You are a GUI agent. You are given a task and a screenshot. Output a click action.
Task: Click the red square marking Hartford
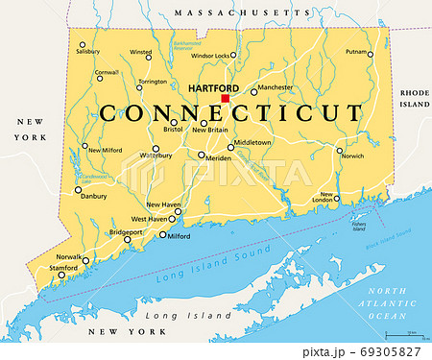point(227,97)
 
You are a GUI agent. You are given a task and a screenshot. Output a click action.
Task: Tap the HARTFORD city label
point(212,87)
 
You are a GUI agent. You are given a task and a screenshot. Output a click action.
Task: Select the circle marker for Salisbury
point(83,44)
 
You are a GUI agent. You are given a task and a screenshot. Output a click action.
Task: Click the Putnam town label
point(356,53)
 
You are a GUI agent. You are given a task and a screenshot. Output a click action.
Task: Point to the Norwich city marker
point(340,150)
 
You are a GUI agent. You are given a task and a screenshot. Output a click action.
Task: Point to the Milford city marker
point(162,235)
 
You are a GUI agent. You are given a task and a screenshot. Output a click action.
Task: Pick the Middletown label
point(253,142)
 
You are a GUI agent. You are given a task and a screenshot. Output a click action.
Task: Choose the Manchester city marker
point(253,92)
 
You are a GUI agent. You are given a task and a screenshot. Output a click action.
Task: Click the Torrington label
point(152,83)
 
